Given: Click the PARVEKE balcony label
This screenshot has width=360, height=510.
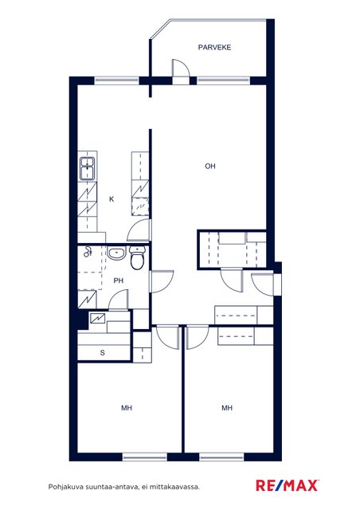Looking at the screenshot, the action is pyautogui.click(x=214, y=48).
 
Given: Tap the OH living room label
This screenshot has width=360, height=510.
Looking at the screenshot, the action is pyautogui.click(x=210, y=167).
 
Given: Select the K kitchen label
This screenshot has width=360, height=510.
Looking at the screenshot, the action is pyautogui.click(x=112, y=199).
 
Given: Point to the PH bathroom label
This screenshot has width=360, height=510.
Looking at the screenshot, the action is pyautogui.click(x=119, y=280).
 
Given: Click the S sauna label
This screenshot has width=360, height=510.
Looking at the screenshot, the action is pyautogui.click(x=103, y=353).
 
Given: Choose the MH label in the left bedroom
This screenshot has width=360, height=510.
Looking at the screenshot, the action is pyautogui.click(x=127, y=408).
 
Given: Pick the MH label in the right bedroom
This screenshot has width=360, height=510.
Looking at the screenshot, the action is pyautogui.click(x=227, y=408).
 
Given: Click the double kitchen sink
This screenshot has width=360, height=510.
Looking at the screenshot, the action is pyautogui.click(x=88, y=168).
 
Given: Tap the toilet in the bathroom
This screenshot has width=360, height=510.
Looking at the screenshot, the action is pyautogui.click(x=138, y=258).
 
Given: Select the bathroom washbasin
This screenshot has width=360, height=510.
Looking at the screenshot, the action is pyautogui.click(x=116, y=253).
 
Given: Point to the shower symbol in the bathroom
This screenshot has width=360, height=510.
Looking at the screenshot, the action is pyautogui.click(x=88, y=252).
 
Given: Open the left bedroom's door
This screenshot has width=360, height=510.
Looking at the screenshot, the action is pyautogui.click(x=167, y=338).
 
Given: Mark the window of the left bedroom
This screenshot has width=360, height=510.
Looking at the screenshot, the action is pyautogui.click(x=145, y=457).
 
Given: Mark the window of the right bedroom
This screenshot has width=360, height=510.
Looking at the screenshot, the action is pyautogui.click(x=221, y=457).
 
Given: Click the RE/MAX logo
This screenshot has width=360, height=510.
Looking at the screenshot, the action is pyautogui.click(x=288, y=485).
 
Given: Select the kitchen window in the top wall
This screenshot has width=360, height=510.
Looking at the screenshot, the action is pyautogui.click(x=117, y=80).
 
